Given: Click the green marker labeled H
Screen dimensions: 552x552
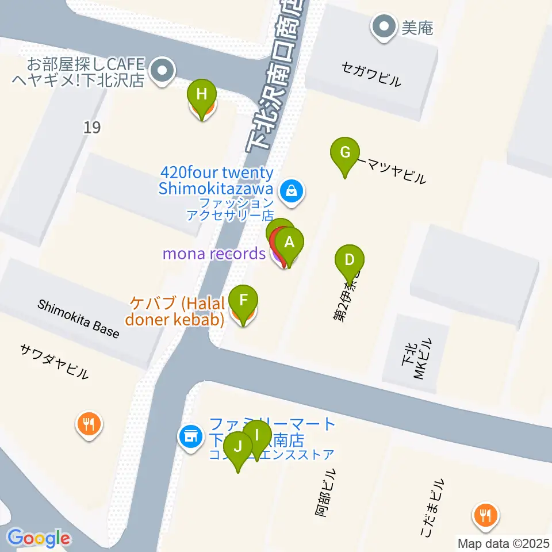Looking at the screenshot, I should tap(201, 95).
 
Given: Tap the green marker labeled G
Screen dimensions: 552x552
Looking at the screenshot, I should tap(345, 153).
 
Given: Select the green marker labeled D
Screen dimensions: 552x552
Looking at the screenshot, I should tap(349, 260).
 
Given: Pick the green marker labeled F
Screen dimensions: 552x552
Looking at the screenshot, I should tap(243, 301).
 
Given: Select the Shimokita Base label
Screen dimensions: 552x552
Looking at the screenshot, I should tap(78, 319).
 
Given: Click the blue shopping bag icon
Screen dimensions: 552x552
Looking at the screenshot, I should tap(292, 191).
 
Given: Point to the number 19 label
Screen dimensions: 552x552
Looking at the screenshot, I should tap(91, 127).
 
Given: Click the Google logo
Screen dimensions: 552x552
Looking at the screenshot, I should tap(39, 538).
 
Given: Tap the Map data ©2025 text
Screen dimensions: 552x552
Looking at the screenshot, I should tap(504, 543).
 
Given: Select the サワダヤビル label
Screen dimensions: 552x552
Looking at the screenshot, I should tap(55, 361).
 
